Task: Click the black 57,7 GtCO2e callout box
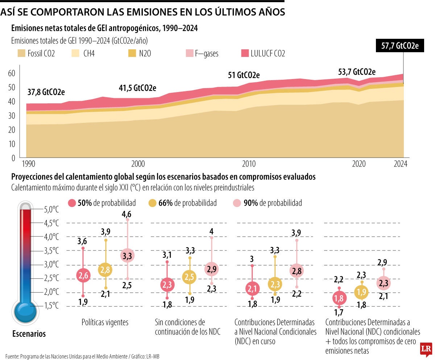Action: pyautogui.click(x=400, y=46)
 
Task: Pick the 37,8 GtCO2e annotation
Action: pyautogui.click(x=46, y=92)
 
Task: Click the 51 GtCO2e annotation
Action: pyautogui.click(x=244, y=75)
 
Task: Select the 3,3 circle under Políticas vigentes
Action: pyautogui.click(x=127, y=256)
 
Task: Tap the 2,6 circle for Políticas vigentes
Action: pyautogui.click(x=83, y=276)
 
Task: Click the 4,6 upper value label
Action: pyautogui.click(x=127, y=214)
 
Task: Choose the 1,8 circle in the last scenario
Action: pyautogui.click(x=339, y=298)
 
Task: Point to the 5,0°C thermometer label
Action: pyautogui.click(x=51, y=210)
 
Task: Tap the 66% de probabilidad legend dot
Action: pyautogui.click(x=153, y=203)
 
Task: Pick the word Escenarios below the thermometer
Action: pyautogui.click(x=29, y=334)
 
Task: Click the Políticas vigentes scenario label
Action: pyautogui.click(x=105, y=322)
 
